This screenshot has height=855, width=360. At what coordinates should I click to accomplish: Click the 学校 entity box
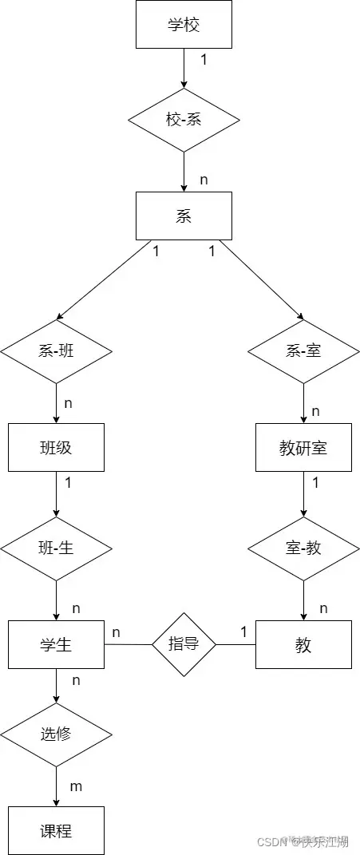pos(184,24)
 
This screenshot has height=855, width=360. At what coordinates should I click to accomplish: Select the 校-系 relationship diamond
pos(184,120)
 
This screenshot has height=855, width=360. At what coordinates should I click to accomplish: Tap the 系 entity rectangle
pos(184,216)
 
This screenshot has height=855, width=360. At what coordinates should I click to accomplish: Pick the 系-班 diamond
pos(56,350)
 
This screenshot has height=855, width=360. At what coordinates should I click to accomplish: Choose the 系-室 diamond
pos(303,350)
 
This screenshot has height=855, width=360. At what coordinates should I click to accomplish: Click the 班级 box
pos(56,447)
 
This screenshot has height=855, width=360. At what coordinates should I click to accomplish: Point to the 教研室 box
pos(303,447)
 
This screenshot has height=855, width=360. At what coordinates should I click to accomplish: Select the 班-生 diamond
pos(56,549)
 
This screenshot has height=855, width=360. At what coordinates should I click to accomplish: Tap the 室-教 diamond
pos(303,549)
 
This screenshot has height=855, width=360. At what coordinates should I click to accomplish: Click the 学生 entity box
pos(56,644)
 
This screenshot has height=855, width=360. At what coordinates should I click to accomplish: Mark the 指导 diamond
pos(184,643)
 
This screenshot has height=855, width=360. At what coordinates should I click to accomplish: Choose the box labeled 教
pos(303,644)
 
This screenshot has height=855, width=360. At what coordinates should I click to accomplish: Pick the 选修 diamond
pos(56,734)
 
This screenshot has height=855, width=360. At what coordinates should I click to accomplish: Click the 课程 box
pos(56,830)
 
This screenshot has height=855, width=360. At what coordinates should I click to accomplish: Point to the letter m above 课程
pos(76,786)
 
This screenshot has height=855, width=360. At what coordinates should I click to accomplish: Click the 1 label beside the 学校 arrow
pos(204,60)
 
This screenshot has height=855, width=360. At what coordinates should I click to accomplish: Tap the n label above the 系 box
pos(204,180)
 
